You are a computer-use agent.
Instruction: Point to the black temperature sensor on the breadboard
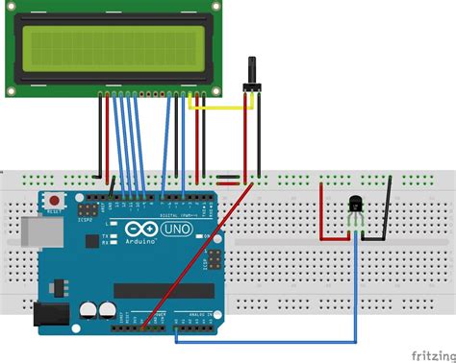pos(355,206)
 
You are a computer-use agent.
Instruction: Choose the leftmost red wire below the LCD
pos(101,134)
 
